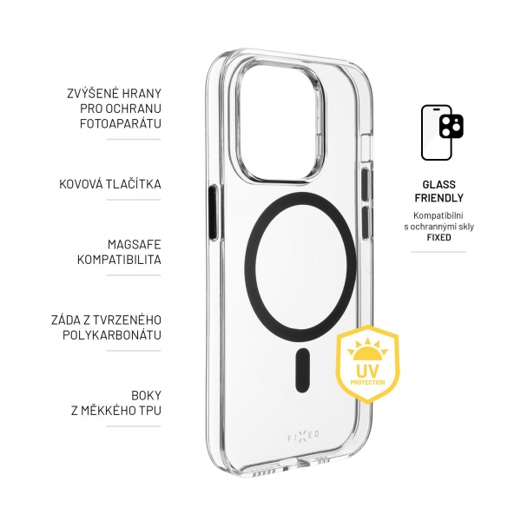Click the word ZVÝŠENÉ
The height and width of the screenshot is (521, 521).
point(90,94)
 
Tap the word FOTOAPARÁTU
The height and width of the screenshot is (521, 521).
point(121,123)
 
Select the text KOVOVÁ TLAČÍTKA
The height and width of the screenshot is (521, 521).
point(110,184)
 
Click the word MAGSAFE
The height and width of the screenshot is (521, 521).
point(135,245)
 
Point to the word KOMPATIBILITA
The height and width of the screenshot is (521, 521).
point(119,260)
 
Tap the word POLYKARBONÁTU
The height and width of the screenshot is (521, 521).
point(112,335)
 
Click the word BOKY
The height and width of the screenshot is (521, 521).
point(146,395)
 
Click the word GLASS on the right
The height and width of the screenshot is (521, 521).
point(439,184)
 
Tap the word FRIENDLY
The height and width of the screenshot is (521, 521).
point(439,198)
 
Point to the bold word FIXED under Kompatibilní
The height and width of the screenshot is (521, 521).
point(439,237)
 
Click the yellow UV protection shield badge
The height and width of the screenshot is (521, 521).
point(368,364)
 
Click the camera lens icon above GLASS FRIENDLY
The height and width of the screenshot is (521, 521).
point(452,126)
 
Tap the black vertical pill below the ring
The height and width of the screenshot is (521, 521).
point(302,370)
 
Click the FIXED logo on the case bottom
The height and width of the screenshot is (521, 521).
point(303,437)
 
